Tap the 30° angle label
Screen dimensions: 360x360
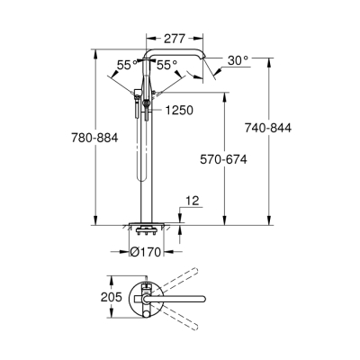[238, 60]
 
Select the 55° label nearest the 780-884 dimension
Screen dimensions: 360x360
[127, 65]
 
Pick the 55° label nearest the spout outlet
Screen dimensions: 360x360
[165, 65]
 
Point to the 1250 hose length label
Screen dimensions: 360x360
[178, 110]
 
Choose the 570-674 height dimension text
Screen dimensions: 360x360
[222, 158]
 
